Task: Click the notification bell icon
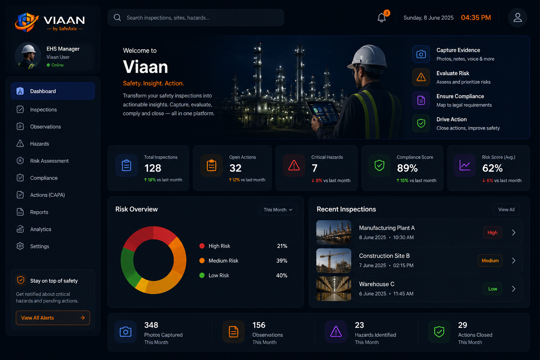381,18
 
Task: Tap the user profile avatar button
517,18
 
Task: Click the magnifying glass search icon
117,18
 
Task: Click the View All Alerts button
53,318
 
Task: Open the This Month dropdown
278,210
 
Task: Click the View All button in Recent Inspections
506,210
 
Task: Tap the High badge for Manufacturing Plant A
493,232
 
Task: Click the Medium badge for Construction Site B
490,261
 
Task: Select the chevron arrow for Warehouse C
514,289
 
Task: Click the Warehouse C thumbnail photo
334,289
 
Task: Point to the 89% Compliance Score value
407,168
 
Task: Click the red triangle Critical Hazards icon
294,166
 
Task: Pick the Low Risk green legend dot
202,275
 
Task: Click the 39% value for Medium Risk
282,261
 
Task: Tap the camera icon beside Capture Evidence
421,54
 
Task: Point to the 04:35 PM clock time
476,18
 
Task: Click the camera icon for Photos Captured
126,332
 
